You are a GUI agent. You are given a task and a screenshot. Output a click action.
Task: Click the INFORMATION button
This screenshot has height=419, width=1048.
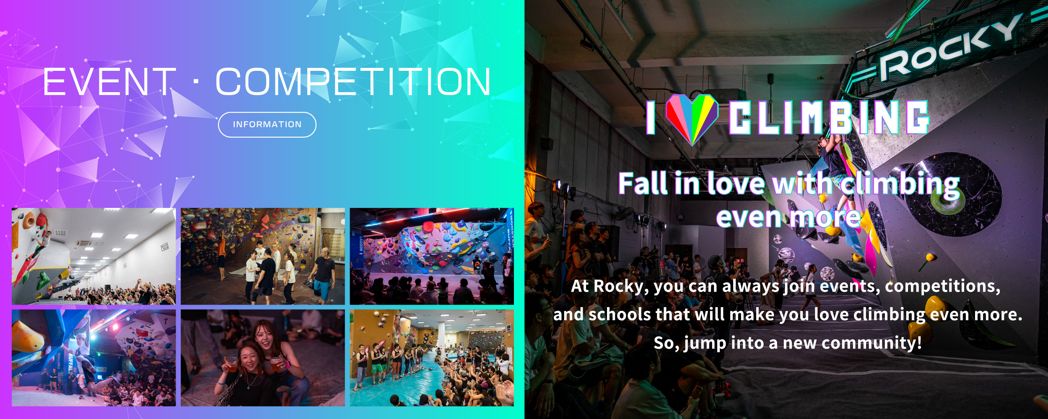(x=267, y=124)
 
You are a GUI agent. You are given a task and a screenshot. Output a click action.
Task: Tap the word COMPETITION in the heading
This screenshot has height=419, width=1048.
(x=353, y=82)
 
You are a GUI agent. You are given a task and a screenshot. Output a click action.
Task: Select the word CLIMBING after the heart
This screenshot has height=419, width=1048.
(x=829, y=117)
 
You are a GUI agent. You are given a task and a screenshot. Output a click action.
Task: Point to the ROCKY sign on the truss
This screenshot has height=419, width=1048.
(x=949, y=47)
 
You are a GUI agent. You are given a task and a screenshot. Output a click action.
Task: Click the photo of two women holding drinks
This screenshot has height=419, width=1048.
(x=263, y=358)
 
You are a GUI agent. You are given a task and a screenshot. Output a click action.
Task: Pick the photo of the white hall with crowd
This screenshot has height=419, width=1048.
(x=93, y=256)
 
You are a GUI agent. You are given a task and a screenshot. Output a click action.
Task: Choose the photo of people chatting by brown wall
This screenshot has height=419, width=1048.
(x=263, y=256)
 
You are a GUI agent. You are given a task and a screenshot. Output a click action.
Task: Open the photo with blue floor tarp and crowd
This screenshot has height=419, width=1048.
(x=432, y=358)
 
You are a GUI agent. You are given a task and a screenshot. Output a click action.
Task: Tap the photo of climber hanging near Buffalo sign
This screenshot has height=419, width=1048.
(x=93, y=358)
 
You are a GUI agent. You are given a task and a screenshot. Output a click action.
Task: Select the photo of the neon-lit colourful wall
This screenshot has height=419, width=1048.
(x=432, y=256)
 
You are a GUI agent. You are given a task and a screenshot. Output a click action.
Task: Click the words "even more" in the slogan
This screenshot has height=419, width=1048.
(x=788, y=218)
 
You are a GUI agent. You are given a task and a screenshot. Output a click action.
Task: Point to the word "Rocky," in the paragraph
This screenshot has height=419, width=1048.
(x=621, y=287)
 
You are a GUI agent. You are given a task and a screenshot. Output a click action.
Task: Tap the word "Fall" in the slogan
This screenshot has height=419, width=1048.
(x=643, y=184)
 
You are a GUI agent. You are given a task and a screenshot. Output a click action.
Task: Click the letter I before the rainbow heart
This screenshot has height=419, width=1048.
(x=651, y=117)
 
